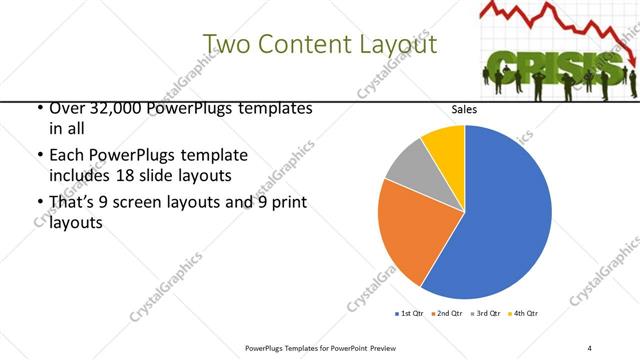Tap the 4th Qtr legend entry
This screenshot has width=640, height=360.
coord(525,314)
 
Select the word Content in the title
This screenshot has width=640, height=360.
coord(301,45)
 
